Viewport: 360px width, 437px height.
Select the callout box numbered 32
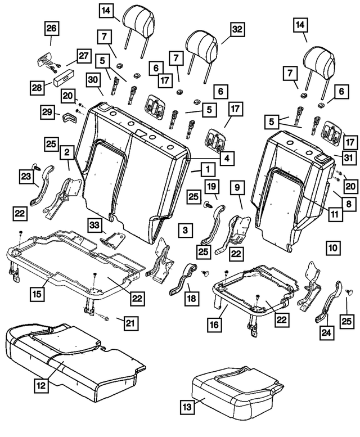236,28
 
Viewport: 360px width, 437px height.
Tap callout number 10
333,246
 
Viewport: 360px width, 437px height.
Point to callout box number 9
236,185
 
